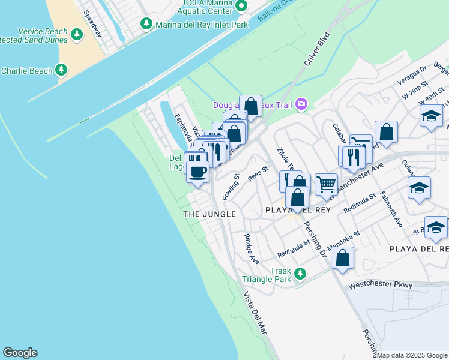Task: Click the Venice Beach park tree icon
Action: (x=76, y=35)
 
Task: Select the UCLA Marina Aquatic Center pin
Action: (x=241, y=6)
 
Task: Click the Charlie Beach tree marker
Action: (x=61, y=71)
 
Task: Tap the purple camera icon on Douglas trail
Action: (x=301, y=105)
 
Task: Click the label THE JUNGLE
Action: (x=209, y=214)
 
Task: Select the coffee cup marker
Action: (x=197, y=172)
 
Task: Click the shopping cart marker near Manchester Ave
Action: (x=326, y=184)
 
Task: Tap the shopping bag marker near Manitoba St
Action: (x=342, y=258)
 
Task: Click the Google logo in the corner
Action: (x=20, y=353)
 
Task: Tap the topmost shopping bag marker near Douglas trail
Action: (x=251, y=106)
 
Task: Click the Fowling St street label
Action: (x=231, y=187)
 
